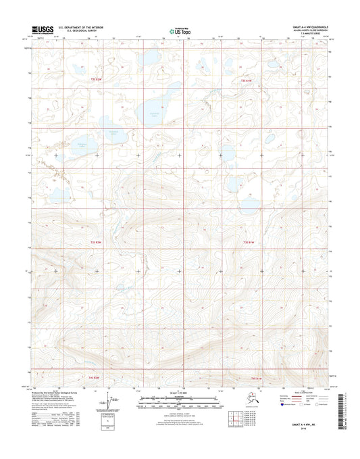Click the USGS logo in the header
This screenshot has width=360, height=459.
[x=42, y=30]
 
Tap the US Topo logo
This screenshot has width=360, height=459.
[x=179, y=30]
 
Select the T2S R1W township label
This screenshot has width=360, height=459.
[x=250, y=80]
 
